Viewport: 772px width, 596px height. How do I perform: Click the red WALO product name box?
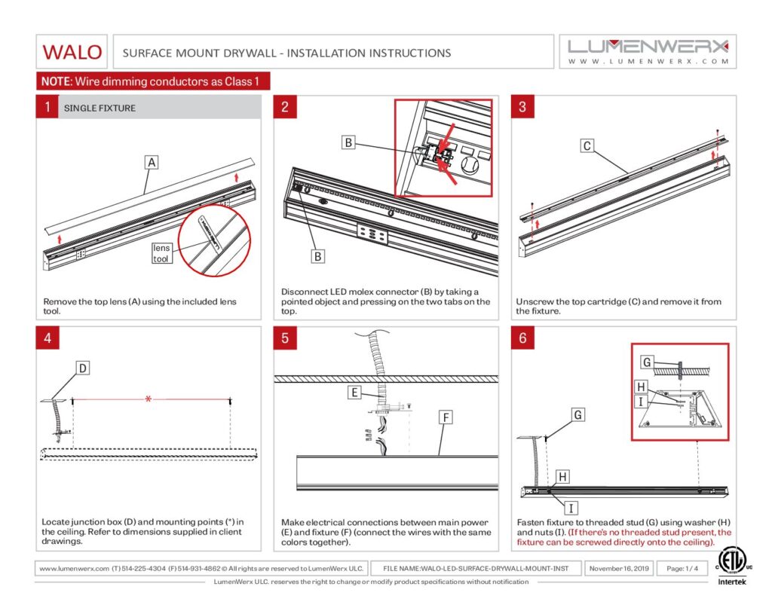coord(72,52)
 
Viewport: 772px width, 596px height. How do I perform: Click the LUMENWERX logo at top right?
coord(648,51)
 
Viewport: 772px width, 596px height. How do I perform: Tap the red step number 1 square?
coord(47,107)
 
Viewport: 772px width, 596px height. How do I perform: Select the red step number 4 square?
coord(47,338)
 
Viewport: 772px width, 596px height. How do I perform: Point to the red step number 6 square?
coord(522,338)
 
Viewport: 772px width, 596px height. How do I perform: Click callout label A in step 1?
coord(152,162)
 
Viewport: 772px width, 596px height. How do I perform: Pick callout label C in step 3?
coord(587,146)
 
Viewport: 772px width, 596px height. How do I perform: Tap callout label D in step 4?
coord(83,368)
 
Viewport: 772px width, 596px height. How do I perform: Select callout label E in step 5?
coord(354,392)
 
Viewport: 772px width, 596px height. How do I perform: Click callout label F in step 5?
coord(445,417)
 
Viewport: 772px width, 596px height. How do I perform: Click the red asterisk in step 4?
coord(148,399)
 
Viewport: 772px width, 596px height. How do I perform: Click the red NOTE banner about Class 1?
coord(153,81)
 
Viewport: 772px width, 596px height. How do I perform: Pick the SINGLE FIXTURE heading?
coord(100,108)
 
